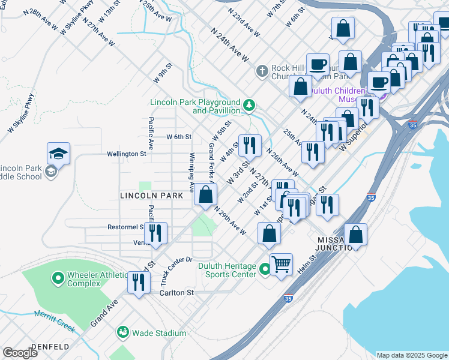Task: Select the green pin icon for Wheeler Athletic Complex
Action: (58, 278)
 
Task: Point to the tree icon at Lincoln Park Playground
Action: (249, 107)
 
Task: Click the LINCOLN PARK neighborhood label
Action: (151, 196)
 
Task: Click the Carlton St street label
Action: (177, 293)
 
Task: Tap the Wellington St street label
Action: (127, 154)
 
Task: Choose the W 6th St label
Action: (179, 137)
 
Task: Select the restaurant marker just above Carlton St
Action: (139, 282)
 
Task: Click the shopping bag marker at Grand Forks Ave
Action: (205, 194)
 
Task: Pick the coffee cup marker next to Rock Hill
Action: (318, 64)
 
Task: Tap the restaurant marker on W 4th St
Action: (250, 145)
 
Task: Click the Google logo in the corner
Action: (20, 353)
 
